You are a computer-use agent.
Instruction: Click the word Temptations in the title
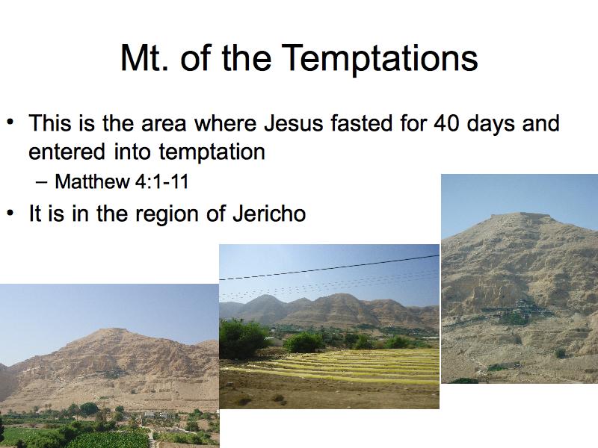coord(380,58)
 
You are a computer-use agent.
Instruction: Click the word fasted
coord(362,123)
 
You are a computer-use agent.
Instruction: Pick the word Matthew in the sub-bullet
coord(93,181)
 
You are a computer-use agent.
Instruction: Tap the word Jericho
coord(269,214)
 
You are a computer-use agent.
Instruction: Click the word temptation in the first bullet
coord(212,152)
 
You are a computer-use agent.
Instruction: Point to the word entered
coord(67,152)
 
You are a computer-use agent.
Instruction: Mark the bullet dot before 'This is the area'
coord(10,122)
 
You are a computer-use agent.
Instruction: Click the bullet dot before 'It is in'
coord(10,212)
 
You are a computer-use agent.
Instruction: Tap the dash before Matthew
coord(41,182)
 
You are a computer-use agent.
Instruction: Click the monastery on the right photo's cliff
coord(523,311)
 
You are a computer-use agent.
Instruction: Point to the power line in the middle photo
coord(329,268)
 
